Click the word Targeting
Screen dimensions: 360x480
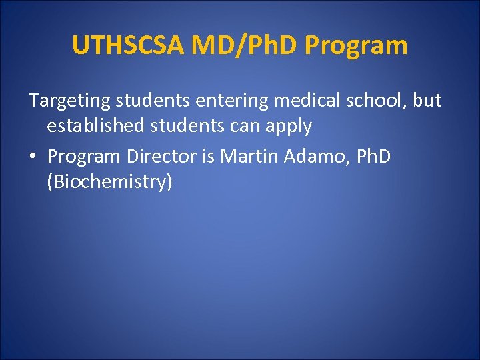click(69, 101)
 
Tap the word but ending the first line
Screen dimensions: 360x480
click(427, 101)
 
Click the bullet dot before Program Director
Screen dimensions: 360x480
click(33, 157)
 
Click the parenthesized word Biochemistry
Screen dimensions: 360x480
click(109, 182)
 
